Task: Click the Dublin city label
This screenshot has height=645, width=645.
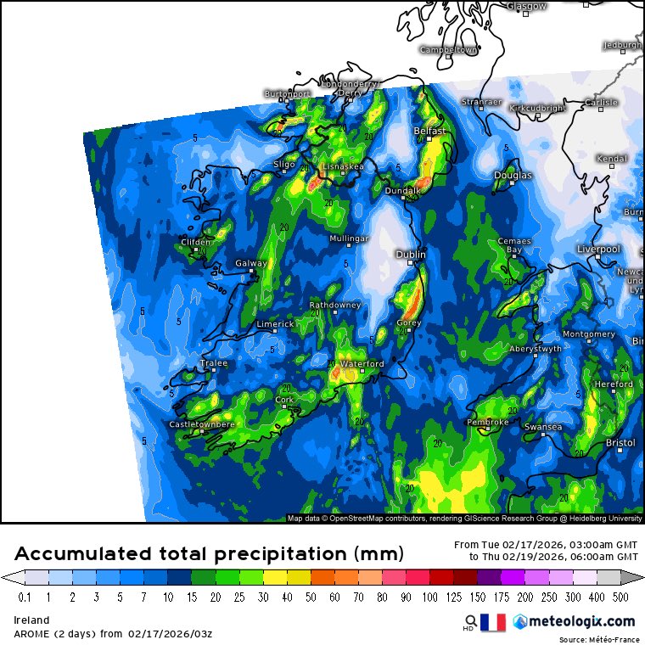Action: click(412, 254)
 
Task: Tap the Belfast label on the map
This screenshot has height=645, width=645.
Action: click(429, 132)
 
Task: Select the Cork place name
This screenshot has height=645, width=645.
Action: click(284, 400)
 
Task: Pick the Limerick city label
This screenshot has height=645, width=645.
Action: click(275, 324)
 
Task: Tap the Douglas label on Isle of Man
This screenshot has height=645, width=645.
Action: click(513, 176)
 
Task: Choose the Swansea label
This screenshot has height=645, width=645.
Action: click(543, 427)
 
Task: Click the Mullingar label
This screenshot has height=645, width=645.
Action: click(349, 239)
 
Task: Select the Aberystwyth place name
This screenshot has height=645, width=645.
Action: click(536, 349)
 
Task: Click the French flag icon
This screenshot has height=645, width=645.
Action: click(492, 622)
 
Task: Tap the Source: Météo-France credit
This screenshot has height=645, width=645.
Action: click(600, 639)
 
